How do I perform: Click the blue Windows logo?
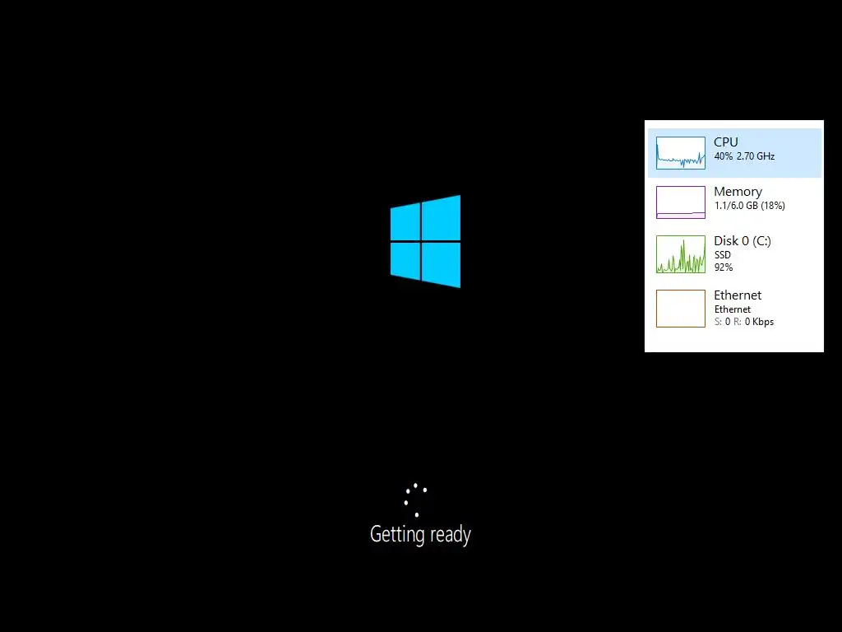(x=425, y=241)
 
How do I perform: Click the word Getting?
(x=396, y=535)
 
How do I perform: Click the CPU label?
(x=725, y=142)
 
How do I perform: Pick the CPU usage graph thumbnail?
(x=681, y=153)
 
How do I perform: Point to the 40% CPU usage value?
(x=723, y=156)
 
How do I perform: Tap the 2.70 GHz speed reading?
(x=756, y=156)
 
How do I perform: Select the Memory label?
(x=738, y=192)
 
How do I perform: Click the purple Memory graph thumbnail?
(x=681, y=202)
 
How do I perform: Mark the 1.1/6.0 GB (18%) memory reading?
(x=749, y=206)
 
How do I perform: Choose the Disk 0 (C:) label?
(x=743, y=241)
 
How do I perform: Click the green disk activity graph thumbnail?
(x=681, y=254)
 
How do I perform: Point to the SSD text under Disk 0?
(x=723, y=255)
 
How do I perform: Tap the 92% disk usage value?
(x=723, y=267)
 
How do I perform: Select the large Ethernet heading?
(x=738, y=295)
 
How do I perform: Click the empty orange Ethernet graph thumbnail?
(x=681, y=309)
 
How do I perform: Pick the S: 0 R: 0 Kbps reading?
(x=743, y=322)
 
